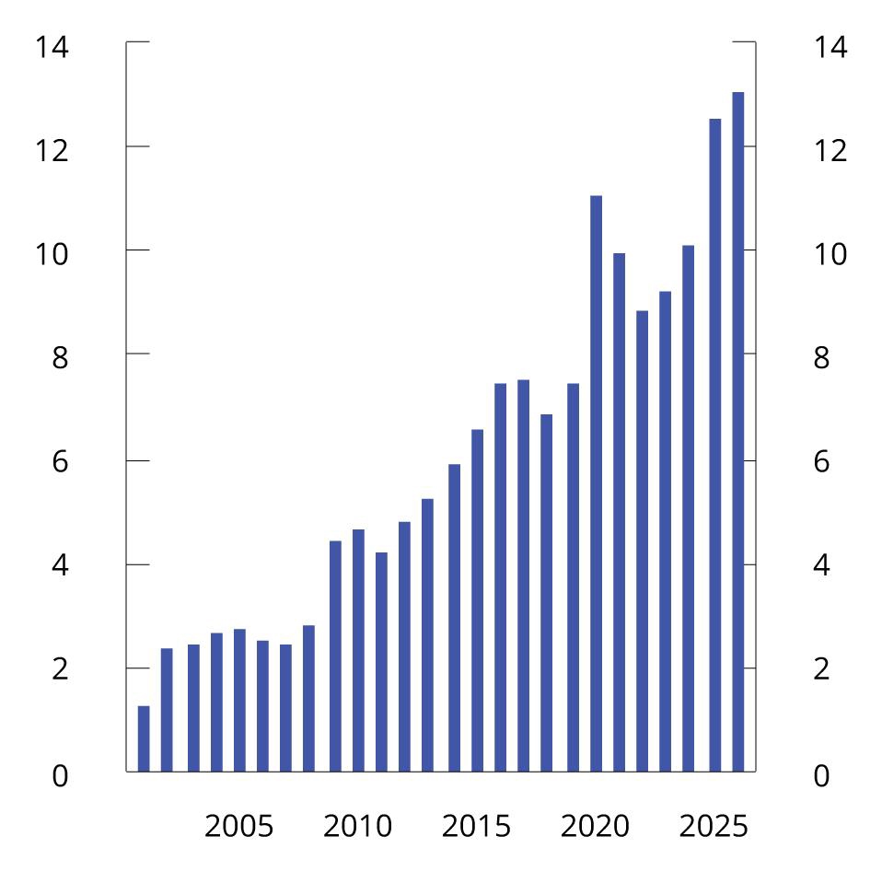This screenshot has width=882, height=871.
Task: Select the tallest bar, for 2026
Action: point(737,432)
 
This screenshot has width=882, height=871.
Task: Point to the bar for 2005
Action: point(239,700)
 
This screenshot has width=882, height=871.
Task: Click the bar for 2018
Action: point(546,593)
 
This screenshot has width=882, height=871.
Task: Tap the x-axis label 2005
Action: point(238,826)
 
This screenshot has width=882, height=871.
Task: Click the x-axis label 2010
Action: point(357,826)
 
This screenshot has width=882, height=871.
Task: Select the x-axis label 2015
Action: point(476,826)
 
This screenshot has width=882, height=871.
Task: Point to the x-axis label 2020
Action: point(595,826)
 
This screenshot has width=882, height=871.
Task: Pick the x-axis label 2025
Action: point(714,826)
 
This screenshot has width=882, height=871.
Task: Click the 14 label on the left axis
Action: point(52,46)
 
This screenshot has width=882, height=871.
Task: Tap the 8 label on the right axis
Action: point(820,357)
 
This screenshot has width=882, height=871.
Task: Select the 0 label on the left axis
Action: point(60,776)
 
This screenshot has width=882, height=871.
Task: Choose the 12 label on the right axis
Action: point(830,150)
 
